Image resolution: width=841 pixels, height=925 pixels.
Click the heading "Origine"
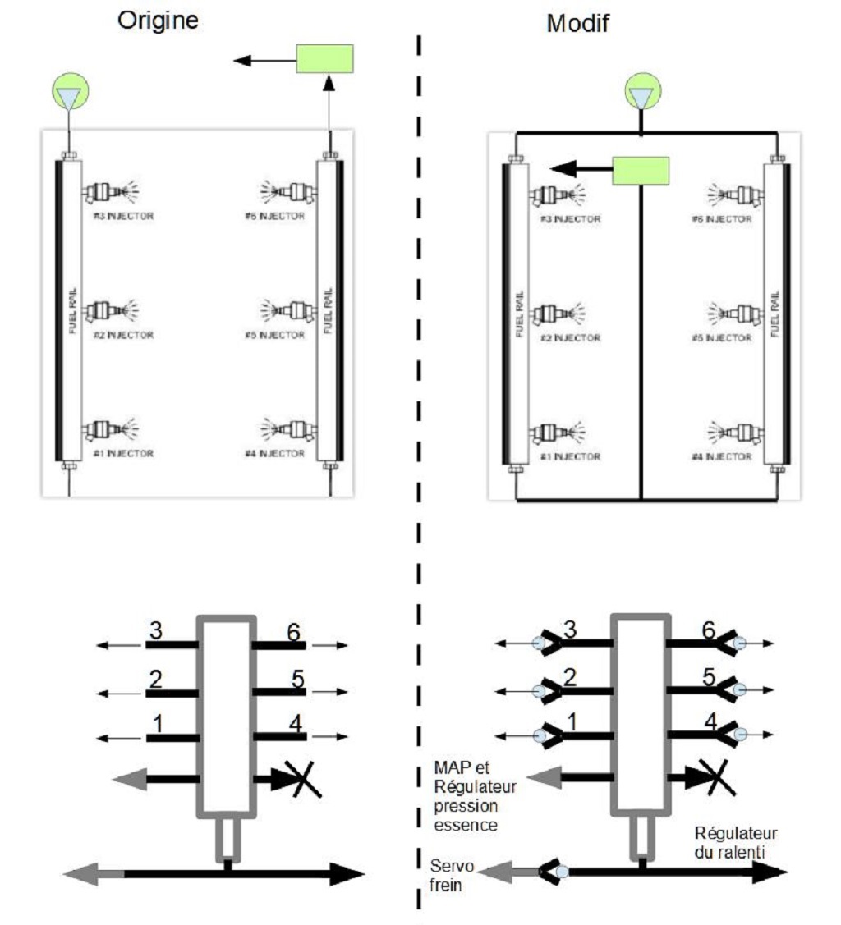pyautogui.click(x=158, y=21)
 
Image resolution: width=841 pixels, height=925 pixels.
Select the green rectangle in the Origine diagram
pyautogui.click(x=324, y=59)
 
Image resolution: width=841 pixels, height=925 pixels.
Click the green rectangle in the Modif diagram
pyautogui.click(x=641, y=170)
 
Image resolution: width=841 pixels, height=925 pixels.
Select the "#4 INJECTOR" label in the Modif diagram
pyautogui.click(x=722, y=456)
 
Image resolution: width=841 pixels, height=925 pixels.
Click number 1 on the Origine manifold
pyautogui.click(x=157, y=723)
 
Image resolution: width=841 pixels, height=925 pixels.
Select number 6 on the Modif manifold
pyautogui.click(x=707, y=630)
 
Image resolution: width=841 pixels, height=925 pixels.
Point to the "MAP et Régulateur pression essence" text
pyautogui.click(x=475, y=795)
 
